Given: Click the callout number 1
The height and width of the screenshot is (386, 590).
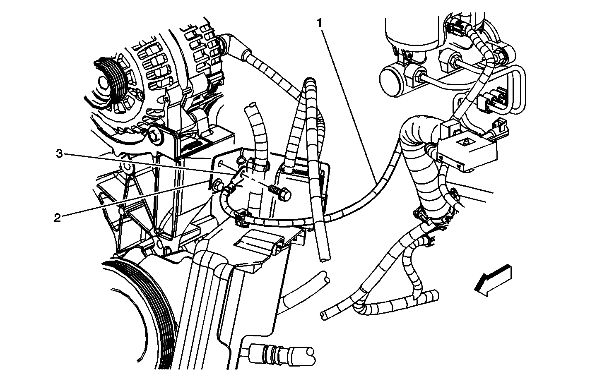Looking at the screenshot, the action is tap(320, 24).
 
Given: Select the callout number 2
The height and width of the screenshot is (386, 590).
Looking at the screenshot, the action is tap(58, 218).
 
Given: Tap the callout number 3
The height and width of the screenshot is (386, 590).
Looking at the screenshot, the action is tap(60, 153).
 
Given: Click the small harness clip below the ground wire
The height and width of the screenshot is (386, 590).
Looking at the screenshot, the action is tap(240, 218).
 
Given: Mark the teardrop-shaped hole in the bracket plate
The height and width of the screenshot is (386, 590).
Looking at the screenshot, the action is tap(241, 159).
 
